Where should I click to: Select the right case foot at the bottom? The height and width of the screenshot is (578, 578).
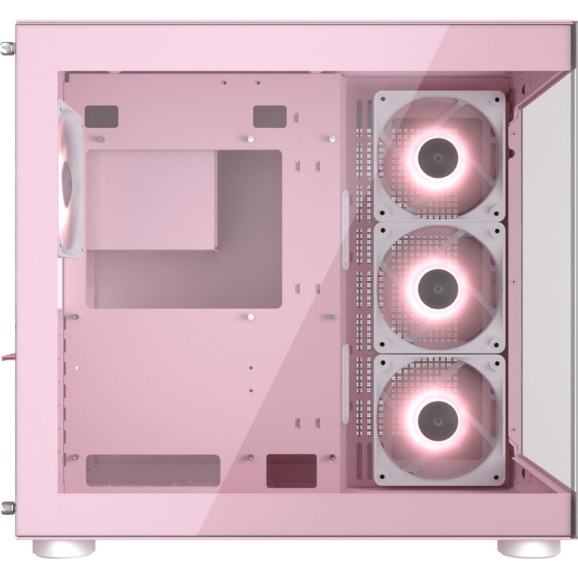click(522, 547)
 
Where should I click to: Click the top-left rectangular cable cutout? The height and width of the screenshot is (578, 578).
click(101, 116)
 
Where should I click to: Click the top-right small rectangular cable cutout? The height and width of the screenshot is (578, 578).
click(269, 116)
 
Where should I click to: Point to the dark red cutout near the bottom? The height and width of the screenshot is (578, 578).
click(291, 470)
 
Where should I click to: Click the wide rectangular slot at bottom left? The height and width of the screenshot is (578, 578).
click(152, 470)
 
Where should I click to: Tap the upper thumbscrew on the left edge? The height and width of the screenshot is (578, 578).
click(8, 48)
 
